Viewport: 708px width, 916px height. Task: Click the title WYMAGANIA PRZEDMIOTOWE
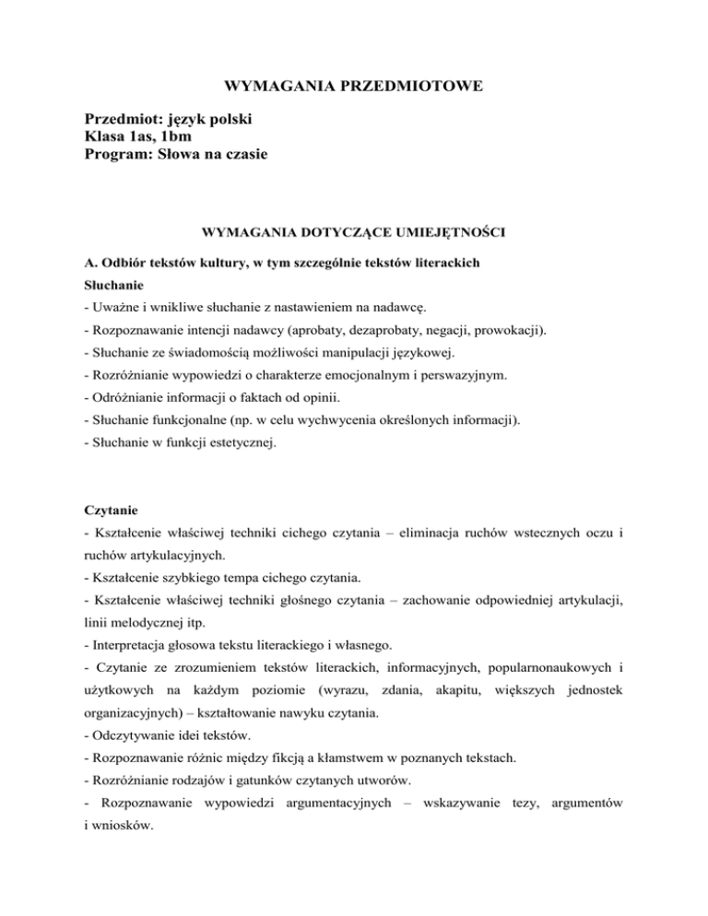coord(354,88)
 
